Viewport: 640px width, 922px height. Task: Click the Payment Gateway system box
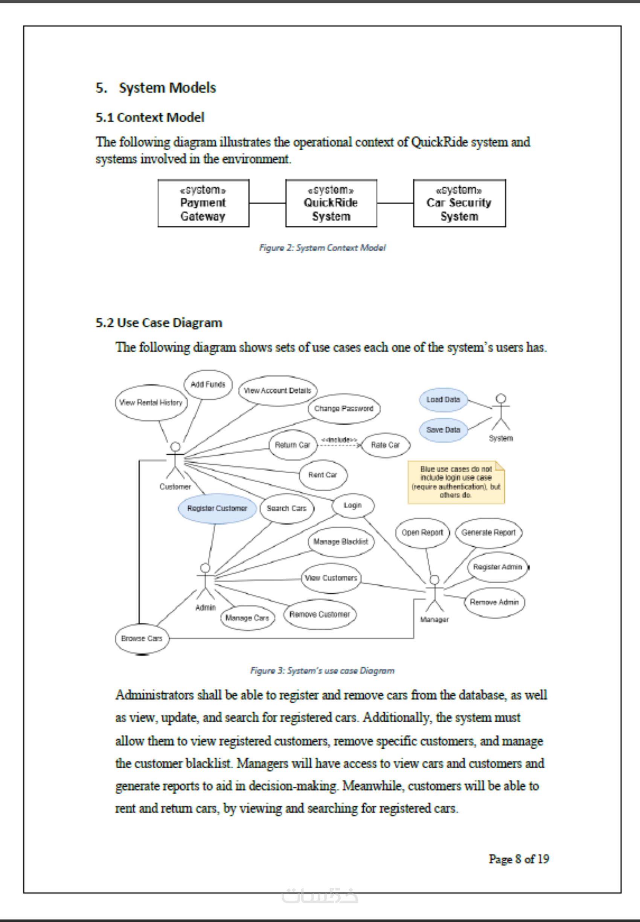(203, 203)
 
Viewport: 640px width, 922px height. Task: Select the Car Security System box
(460, 203)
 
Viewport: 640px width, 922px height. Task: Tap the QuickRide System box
(331, 203)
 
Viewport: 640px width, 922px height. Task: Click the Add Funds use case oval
(208, 384)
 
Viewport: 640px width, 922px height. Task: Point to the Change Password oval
(344, 408)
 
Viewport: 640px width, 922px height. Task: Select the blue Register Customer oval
(217, 508)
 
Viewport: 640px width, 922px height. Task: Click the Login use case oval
(353, 506)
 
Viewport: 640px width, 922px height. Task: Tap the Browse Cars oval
(142, 638)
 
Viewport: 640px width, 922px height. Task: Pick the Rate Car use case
(386, 445)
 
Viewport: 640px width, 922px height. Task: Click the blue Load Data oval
(443, 400)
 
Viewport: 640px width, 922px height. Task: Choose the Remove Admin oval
(494, 602)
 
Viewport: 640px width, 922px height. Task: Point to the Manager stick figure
(434, 593)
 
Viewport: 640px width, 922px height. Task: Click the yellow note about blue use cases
(456, 482)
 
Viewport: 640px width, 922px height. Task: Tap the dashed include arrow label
(339, 440)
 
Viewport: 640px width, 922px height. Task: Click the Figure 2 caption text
(322, 248)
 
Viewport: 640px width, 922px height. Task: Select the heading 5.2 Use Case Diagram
(159, 323)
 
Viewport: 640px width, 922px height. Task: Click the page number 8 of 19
(519, 859)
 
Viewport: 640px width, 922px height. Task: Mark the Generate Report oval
(488, 533)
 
